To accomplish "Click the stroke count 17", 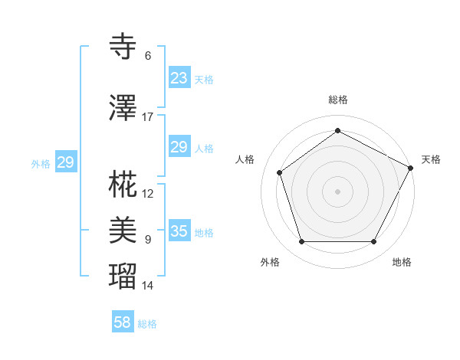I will (147, 117).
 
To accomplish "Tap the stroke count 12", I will (147, 194).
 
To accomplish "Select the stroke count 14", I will (147, 286).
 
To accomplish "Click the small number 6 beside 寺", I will (147, 56).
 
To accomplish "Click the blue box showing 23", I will (179, 77).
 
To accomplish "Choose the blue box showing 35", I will (179, 231).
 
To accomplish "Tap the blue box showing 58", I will (123, 322).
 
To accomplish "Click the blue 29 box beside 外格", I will (65, 162).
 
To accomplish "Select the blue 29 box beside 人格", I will (179, 147).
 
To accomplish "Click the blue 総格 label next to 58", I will (147, 324).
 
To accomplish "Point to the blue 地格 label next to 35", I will (204, 233).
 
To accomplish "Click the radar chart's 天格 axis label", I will (431, 159).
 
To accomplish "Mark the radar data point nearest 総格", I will (337, 131).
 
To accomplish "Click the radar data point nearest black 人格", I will (280, 172).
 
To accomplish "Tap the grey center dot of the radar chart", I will (337, 191).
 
